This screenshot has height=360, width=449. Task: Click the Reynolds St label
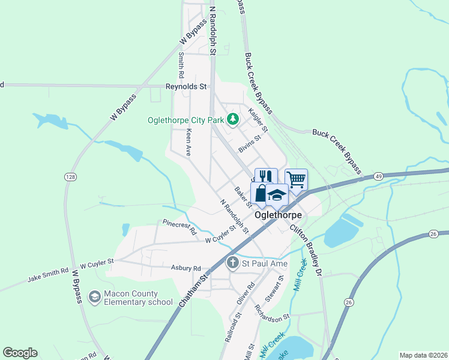(186, 86)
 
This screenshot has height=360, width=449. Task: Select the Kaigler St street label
(259, 120)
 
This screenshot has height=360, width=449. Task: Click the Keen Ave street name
(188, 142)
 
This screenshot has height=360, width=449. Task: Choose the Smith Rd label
(180, 65)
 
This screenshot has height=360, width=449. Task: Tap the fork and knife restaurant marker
(266, 177)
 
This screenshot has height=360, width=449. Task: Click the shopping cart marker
(296, 179)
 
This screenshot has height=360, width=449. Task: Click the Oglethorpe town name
(277, 214)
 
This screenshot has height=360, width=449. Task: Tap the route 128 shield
(70, 176)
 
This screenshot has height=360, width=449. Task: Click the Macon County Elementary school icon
(94, 296)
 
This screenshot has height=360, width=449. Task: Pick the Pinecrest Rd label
(179, 226)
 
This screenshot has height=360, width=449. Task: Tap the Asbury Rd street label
(185, 268)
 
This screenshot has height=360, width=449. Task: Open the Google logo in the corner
(20, 353)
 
